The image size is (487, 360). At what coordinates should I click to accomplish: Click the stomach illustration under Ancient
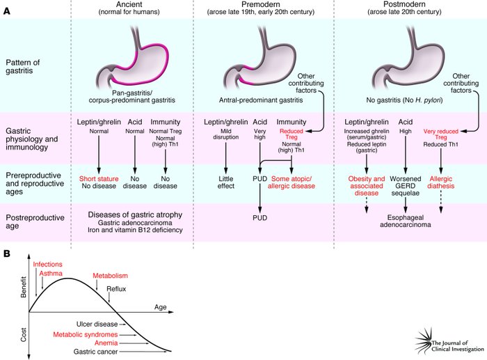point(136,63)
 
